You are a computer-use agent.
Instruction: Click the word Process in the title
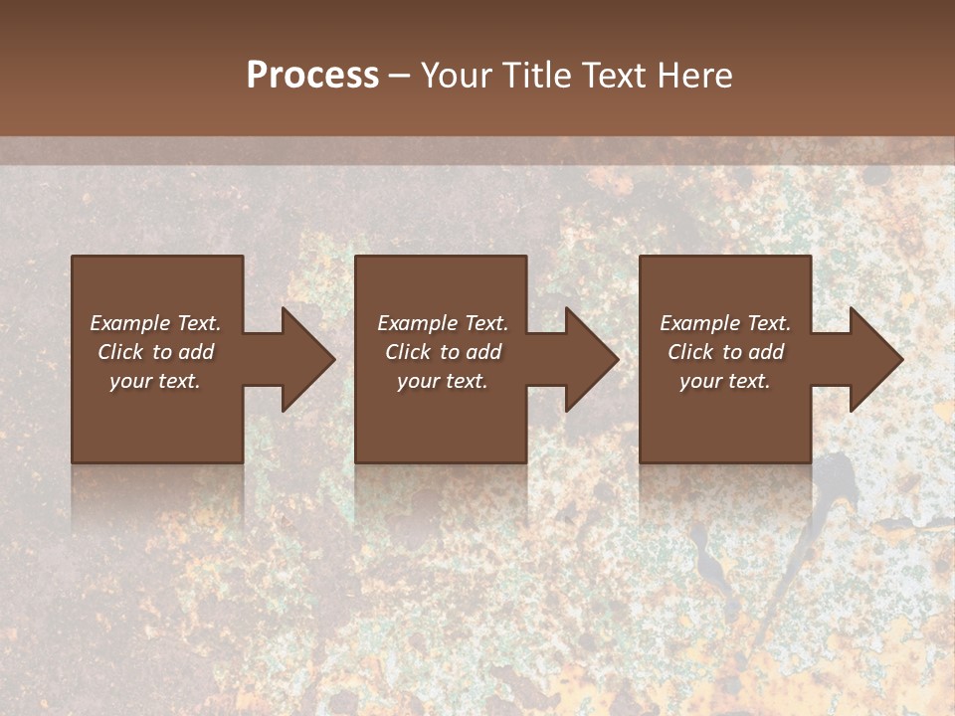click(x=312, y=76)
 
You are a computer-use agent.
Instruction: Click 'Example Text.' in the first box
click(x=155, y=323)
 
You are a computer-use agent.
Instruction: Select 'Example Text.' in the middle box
click(x=442, y=323)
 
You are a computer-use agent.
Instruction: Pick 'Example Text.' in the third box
click(x=725, y=323)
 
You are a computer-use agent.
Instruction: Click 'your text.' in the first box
click(x=155, y=381)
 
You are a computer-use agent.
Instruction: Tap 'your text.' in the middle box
click(x=442, y=381)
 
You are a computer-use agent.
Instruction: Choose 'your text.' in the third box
click(x=725, y=381)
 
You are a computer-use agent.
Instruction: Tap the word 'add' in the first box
click(x=196, y=352)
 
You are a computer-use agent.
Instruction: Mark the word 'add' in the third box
click(x=766, y=352)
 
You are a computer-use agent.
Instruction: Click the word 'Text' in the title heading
click(x=612, y=76)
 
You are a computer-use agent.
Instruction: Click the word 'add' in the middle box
click(x=483, y=352)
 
